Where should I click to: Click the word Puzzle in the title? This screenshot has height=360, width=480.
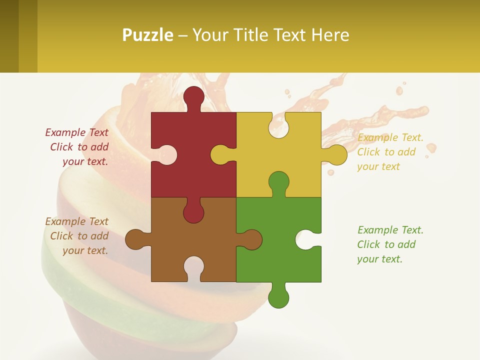tap(147, 35)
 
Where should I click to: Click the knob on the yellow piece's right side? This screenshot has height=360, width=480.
tap(336, 154)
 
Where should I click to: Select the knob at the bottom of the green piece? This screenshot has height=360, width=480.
tap(278, 297)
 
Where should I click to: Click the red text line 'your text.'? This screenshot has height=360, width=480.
tap(85, 161)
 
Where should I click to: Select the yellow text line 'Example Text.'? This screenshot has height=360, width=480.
tap(390, 137)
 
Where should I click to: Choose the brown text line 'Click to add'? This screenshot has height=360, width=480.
tap(79, 236)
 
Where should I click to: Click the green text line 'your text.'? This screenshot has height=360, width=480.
tap(379, 259)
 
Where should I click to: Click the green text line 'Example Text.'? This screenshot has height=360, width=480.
tap(390, 230)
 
